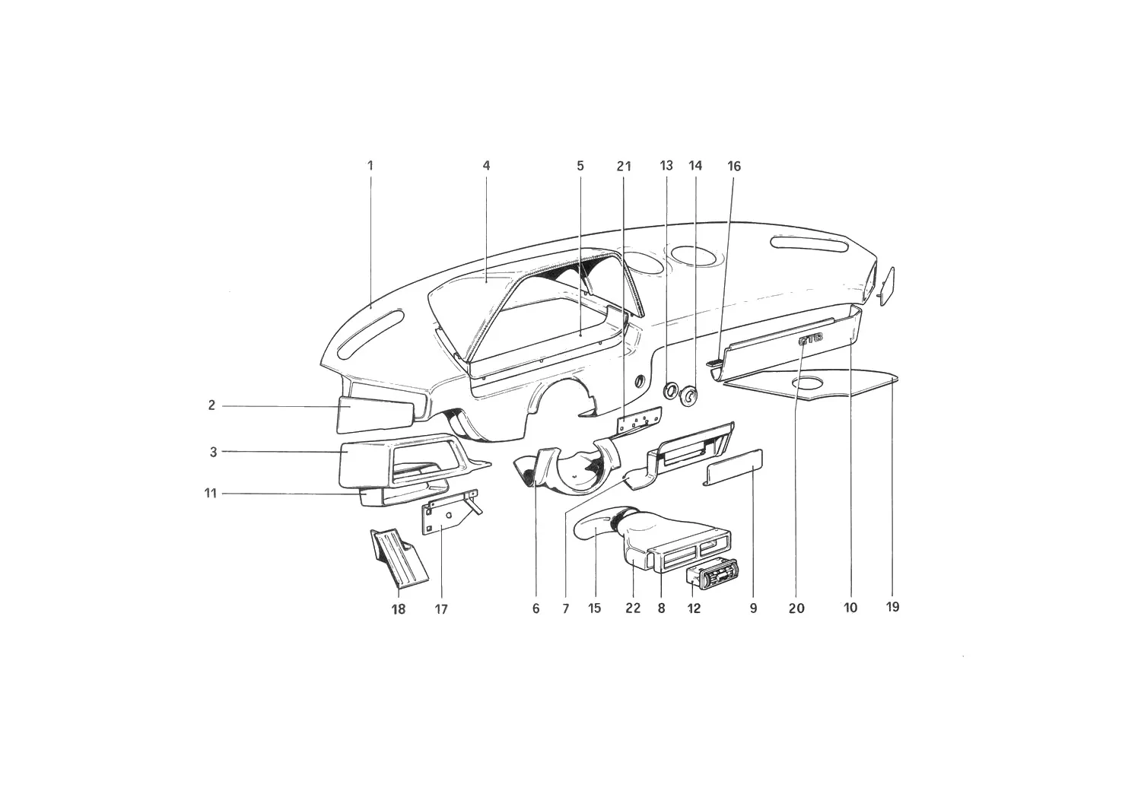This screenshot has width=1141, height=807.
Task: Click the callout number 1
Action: point(370,166)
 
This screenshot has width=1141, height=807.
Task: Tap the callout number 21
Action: point(624,166)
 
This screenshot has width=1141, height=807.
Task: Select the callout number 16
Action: point(734,166)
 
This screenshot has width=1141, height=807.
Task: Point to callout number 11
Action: point(211,493)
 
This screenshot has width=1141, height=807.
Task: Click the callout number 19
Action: point(892,607)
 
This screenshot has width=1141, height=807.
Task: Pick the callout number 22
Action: point(633,608)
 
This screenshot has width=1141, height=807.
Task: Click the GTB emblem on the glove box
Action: point(810,342)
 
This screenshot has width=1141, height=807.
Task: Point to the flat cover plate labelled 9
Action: point(733,467)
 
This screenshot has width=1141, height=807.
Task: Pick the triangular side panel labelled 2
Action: point(376,415)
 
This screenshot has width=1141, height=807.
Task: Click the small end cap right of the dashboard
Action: point(887,286)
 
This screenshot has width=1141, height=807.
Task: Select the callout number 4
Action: point(487,166)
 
